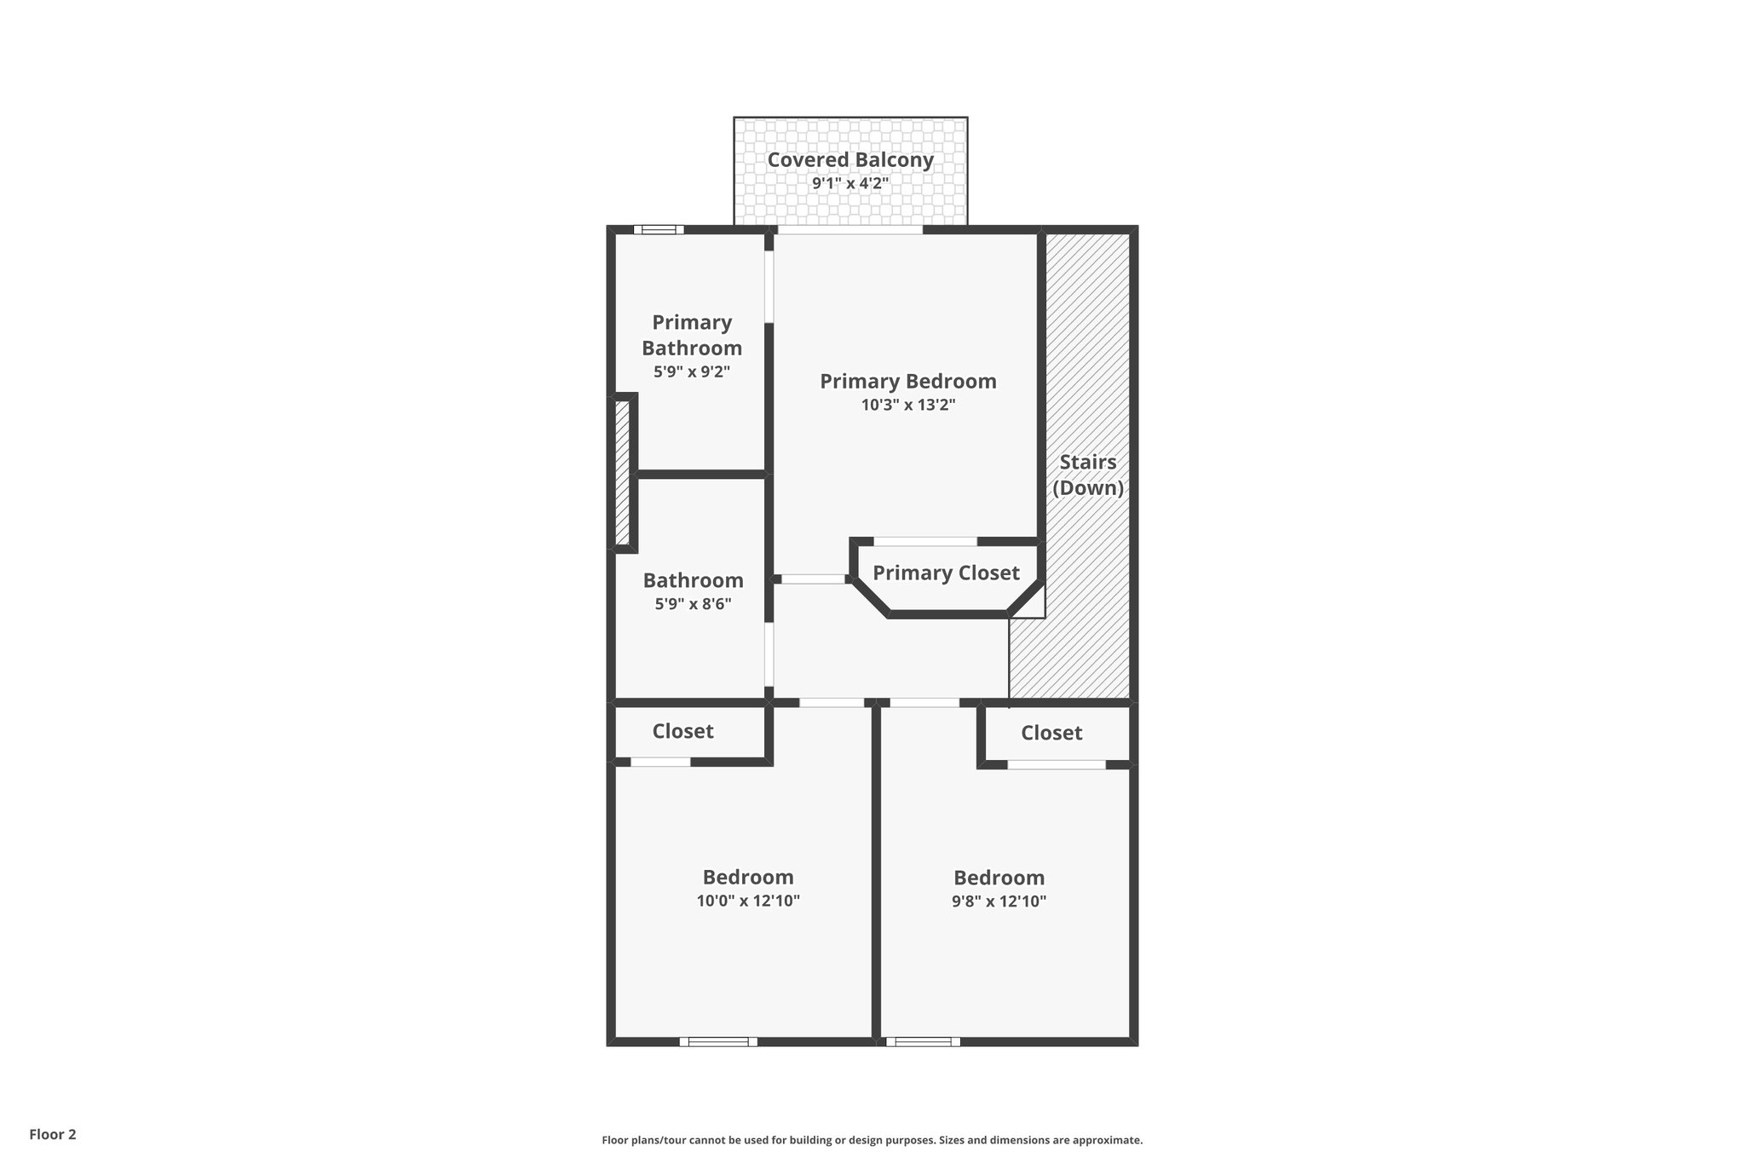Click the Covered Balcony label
[x=850, y=159]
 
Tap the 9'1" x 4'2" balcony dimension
[x=850, y=183]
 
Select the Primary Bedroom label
[x=907, y=381]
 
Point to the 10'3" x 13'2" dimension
[x=907, y=406]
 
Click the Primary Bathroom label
[x=692, y=335]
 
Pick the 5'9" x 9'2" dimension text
[x=692, y=372]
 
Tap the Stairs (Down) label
[x=1087, y=475]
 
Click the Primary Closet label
[x=946, y=573]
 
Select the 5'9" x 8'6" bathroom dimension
[x=693, y=604]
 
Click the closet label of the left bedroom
[x=682, y=731]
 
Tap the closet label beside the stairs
[x=1051, y=733]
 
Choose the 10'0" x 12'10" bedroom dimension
[x=748, y=901]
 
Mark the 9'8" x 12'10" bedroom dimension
[x=999, y=901]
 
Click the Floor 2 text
[x=53, y=1134]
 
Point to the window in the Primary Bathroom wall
[x=659, y=229]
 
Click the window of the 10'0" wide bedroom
[x=718, y=1041]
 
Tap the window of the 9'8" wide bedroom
[x=923, y=1041]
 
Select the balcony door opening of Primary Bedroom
[x=850, y=229]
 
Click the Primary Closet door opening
[x=925, y=541]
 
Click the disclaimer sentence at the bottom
[x=872, y=1140]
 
